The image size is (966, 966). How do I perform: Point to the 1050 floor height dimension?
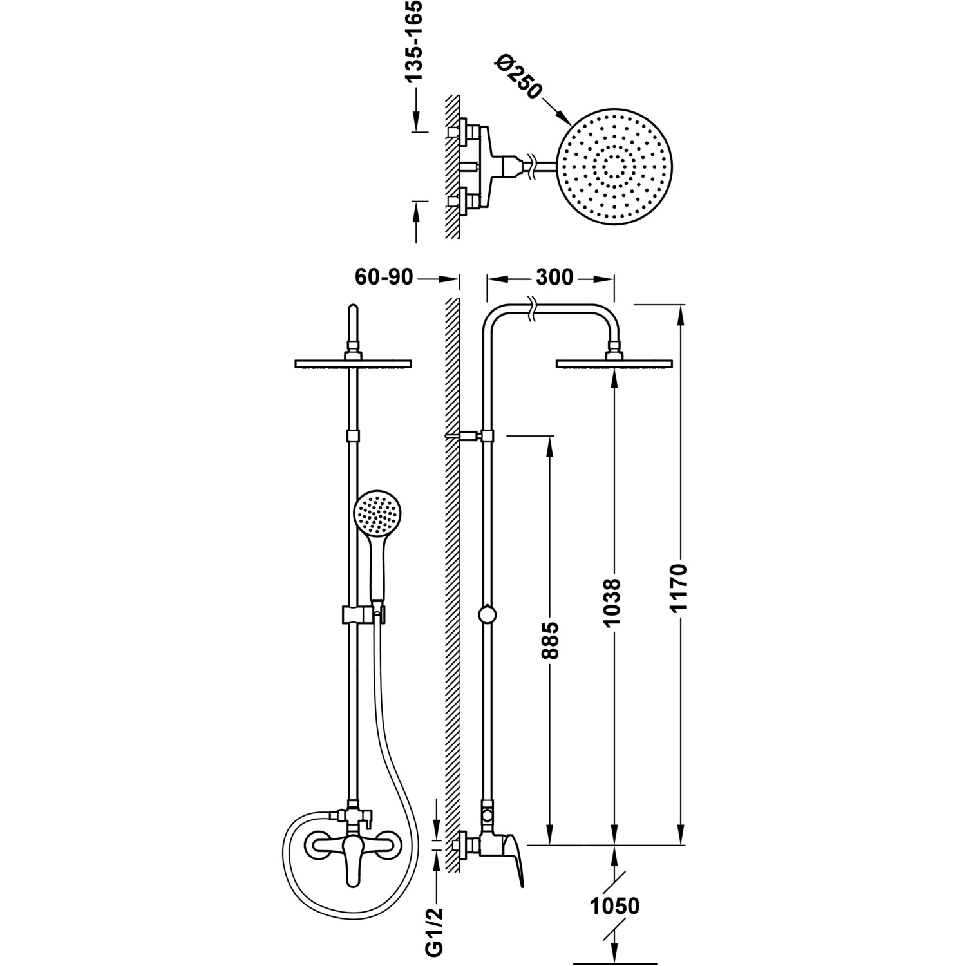pyautogui.click(x=615, y=905)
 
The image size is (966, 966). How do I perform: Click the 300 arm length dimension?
pyautogui.click(x=553, y=277)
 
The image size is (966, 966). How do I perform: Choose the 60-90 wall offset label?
pyautogui.click(x=384, y=277)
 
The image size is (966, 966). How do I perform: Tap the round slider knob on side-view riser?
pyautogui.click(x=488, y=614)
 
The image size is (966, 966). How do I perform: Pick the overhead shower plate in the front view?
pyautogui.click(x=352, y=364)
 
